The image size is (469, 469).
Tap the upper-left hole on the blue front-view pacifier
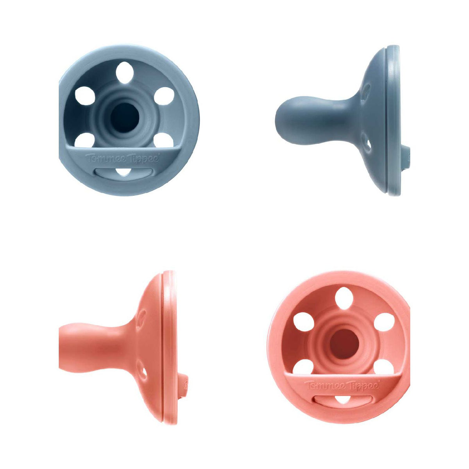tap(85, 96)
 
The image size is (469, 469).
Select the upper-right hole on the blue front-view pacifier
tap(164, 96)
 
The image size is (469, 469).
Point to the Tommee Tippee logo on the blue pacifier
tap(122, 158)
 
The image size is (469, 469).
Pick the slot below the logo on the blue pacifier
tap(124, 173)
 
